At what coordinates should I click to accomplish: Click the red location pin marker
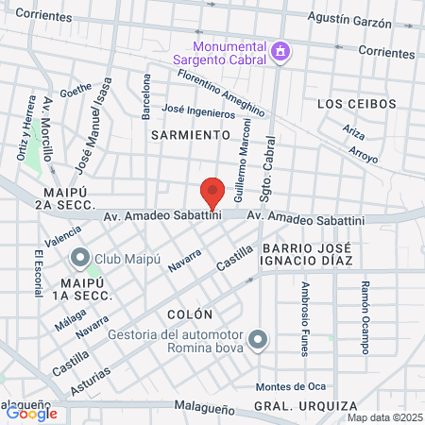[x=213, y=193]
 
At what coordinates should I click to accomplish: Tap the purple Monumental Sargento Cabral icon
[x=280, y=52]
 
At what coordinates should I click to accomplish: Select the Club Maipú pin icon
[x=79, y=256]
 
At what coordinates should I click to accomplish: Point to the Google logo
[x=31, y=413]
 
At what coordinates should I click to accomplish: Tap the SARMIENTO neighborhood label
[x=190, y=135]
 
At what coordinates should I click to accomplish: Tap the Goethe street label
[x=76, y=91]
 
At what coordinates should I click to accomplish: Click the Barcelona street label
[x=145, y=97]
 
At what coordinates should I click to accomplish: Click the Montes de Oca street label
[x=291, y=386]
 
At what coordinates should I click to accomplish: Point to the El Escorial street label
[x=39, y=274]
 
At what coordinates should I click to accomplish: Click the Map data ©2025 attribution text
[x=384, y=416]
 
